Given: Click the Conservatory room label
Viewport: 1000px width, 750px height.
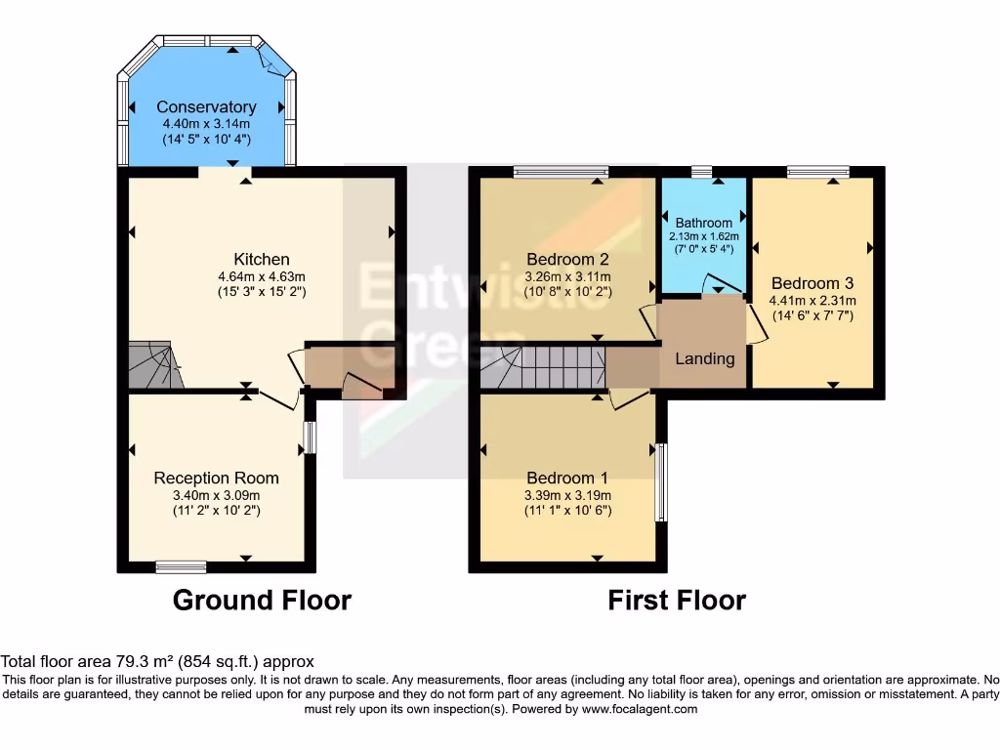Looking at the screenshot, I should pyautogui.click(x=206, y=106).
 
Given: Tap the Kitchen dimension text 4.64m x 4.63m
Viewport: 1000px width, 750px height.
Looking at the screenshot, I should pyautogui.click(x=262, y=276).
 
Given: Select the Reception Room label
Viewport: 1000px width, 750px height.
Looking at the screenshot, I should pyautogui.click(x=216, y=478).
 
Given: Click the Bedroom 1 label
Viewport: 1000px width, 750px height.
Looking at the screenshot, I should pyautogui.click(x=567, y=478).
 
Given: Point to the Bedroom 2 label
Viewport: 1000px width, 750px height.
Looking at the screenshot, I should pyautogui.click(x=567, y=259).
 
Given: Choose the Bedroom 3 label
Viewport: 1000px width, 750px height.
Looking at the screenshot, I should pyautogui.click(x=812, y=283).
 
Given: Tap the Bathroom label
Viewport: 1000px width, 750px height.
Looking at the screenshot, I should pyautogui.click(x=703, y=223).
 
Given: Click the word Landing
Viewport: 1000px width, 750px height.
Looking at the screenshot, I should pyautogui.click(x=705, y=358).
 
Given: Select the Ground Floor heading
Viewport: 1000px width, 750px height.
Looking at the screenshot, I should pyautogui.click(x=262, y=600).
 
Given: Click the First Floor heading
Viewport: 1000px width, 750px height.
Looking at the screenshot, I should pyautogui.click(x=677, y=600).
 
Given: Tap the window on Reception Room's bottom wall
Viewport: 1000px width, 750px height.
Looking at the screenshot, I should pyautogui.click(x=182, y=566).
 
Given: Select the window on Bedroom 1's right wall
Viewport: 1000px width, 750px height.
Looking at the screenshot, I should pyautogui.click(x=661, y=482).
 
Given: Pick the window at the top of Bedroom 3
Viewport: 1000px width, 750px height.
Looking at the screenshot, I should pyautogui.click(x=817, y=173).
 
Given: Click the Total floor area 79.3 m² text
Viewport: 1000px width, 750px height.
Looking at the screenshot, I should pyautogui.click(x=158, y=661).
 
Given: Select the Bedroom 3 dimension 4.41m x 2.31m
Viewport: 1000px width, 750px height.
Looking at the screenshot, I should pyautogui.click(x=812, y=301).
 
